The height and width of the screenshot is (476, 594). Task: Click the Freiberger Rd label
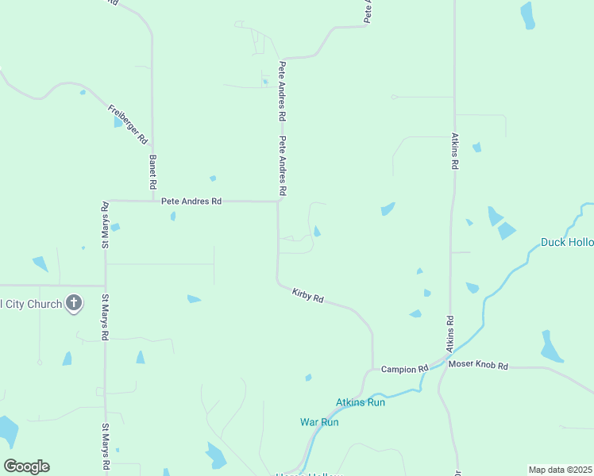coord(129,125)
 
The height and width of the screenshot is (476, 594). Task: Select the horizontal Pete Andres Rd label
coord(191,202)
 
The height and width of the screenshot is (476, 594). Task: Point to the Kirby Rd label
coord(308,295)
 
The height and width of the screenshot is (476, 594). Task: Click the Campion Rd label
coord(404,369)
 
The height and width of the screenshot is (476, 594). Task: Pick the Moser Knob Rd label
coord(477,365)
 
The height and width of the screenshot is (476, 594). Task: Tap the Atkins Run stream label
coord(361,402)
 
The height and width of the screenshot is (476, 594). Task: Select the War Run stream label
coord(319,422)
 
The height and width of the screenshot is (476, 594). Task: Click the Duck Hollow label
coord(566,242)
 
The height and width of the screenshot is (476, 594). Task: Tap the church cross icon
coord(74,302)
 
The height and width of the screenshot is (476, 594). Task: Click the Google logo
coord(26,466)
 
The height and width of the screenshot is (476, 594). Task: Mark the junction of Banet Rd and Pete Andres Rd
coord(153,201)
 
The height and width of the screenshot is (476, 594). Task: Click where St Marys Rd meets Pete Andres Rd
coord(106,201)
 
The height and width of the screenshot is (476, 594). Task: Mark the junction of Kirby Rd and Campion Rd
coord(372,369)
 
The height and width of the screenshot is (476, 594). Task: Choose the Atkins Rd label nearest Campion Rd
coord(449,334)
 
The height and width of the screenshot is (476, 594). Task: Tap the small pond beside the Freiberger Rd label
coord(118,123)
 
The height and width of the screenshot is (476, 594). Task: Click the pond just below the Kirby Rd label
coord(308,378)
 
